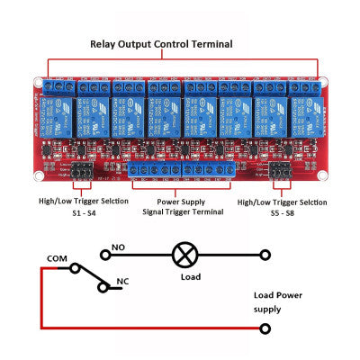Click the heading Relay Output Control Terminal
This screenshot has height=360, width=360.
(161, 43)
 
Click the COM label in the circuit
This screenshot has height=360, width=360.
(56, 259)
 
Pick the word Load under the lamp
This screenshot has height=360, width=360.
(190, 277)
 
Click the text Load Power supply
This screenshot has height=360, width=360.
(279, 301)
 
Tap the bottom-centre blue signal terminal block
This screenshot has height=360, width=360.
(185, 170)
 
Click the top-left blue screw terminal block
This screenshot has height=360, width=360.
(58, 87)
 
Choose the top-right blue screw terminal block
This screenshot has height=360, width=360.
(304, 87)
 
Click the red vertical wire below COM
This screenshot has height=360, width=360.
(40, 297)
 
